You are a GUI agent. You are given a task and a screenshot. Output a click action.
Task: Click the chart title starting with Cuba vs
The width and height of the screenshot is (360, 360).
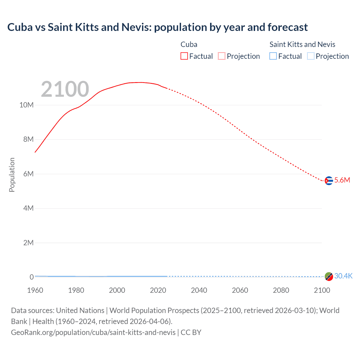click(157, 27)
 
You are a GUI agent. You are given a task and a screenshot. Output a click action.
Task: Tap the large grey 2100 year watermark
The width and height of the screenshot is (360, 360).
click(65, 89)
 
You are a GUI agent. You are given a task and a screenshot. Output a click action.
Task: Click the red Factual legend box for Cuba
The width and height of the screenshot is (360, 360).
click(184, 56)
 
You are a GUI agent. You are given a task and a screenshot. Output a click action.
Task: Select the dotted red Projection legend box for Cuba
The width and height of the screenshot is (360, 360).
click(222, 56)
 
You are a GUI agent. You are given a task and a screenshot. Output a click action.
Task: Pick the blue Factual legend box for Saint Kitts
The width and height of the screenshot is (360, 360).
click(273, 56)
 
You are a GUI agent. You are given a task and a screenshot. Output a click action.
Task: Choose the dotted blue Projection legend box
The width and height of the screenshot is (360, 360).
click(310, 56)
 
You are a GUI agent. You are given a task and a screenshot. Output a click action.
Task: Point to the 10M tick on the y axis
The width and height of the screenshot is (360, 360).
click(26, 105)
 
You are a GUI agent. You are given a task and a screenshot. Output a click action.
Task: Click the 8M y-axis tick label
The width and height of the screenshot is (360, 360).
click(28, 139)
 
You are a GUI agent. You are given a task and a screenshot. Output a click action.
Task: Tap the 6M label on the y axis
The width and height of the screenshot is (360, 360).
click(28, 174)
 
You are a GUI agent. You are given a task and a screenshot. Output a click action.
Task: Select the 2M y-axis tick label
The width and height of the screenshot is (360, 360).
click(28, 243)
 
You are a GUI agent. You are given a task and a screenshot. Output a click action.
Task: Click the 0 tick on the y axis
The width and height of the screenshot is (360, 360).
click(31, 277)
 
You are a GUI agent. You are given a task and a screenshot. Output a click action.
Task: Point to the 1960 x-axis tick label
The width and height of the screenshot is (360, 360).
click(35, 290)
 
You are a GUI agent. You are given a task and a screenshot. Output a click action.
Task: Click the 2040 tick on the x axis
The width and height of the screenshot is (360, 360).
click(199, 290)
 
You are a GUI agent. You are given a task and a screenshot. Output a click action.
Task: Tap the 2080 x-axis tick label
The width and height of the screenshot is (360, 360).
click(281, 290)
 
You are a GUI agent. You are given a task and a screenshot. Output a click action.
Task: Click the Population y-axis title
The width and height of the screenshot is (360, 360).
click(12, 175)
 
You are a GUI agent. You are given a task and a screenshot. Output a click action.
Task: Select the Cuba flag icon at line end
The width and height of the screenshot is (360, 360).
click(329, 181)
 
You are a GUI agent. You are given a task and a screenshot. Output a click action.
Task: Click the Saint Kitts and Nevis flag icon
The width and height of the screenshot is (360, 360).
click(329, 276)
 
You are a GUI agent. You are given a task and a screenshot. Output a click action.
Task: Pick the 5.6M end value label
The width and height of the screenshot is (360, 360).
click(342, 180)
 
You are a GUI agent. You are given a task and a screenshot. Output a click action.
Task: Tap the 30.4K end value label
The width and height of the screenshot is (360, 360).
click(343, 276)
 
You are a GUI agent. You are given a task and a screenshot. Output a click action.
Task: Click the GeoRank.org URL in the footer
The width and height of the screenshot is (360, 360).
click(93, 332)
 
